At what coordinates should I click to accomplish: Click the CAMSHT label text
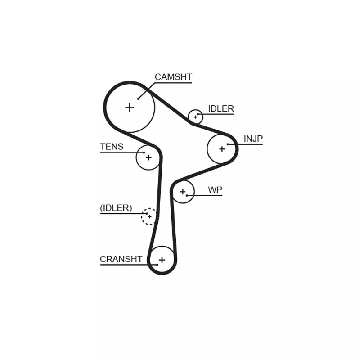pos(173,77)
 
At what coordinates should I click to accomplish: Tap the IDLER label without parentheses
pos(221,108)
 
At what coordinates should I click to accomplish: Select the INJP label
pos(253,139)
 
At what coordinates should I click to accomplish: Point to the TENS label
pos(112,147)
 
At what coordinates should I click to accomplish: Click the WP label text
pos(215,190)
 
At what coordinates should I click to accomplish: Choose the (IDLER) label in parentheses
pos(116,208)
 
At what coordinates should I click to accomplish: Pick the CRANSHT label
pos(121,259)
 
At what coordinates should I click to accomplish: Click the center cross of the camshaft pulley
pos(130,108)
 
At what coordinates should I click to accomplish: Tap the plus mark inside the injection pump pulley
pos(222,149)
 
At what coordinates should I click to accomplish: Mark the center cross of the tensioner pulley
pos(148,157)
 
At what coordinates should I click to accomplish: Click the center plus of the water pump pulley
pos(183,192)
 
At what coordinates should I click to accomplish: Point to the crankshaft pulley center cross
pos(162,260)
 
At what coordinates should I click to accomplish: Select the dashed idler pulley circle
pos(142,216)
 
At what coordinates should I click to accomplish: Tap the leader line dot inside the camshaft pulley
pos(138,99)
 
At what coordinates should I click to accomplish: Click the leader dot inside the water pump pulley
pos(187,196)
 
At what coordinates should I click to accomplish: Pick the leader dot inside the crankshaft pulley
pos(157,265)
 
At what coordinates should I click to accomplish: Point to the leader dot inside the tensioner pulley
pos(144,153)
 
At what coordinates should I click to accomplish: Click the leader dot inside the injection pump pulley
pos(228,144)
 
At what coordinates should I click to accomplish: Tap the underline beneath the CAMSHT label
pos(174,83)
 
